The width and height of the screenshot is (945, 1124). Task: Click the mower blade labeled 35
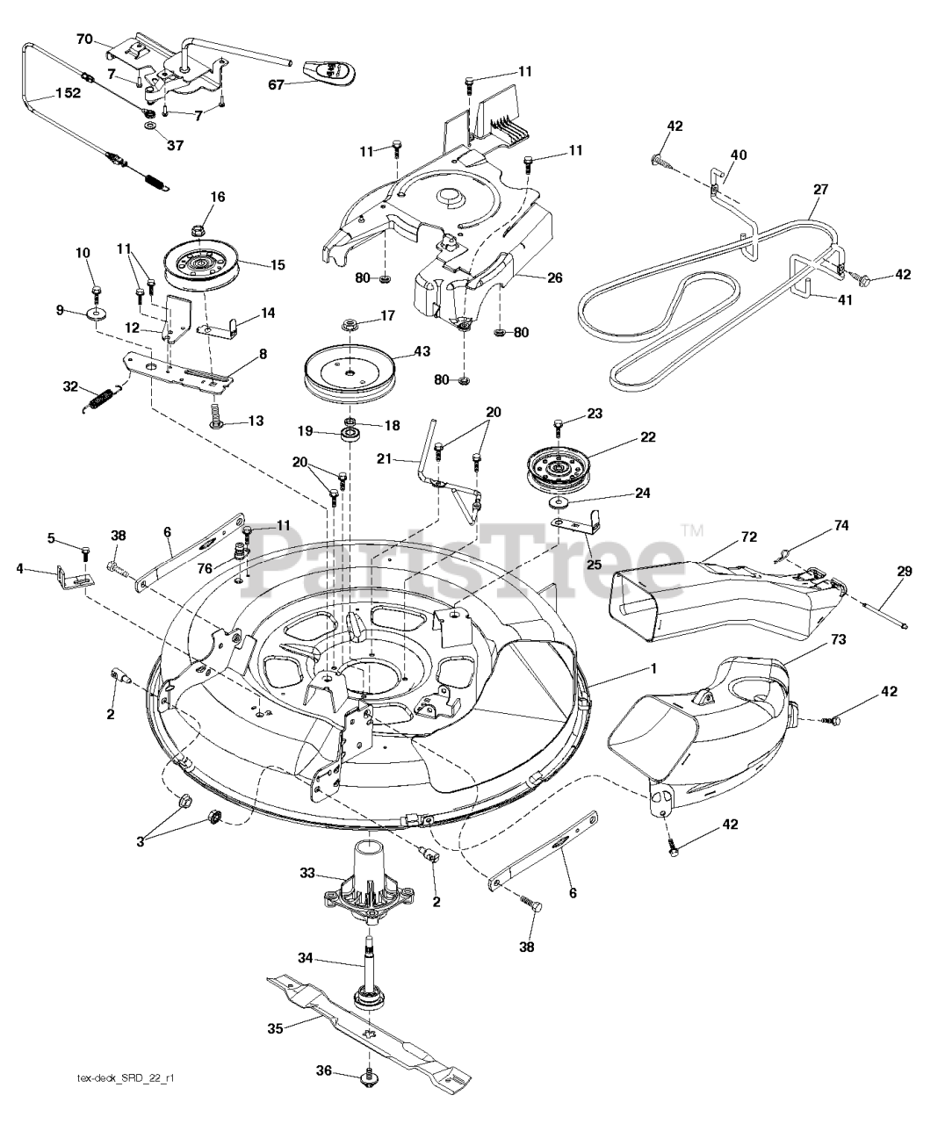click(x=369, y=1033)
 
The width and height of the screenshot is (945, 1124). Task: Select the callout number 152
click(x=66, y=93)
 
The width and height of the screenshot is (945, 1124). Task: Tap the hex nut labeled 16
click(x=195, y=234)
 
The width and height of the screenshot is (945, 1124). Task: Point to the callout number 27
click(x=820, y=190)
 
